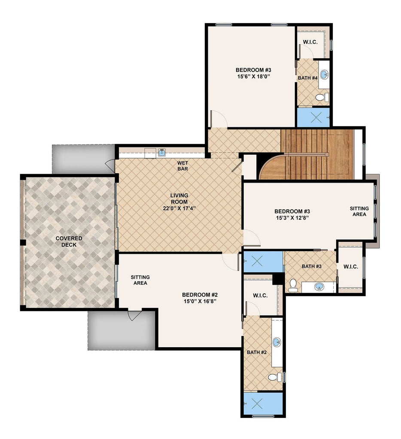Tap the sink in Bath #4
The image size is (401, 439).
[325, 75]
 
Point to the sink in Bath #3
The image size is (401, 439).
[319, 287]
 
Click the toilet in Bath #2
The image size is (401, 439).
[275, 377]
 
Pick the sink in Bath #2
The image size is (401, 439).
[277, 342]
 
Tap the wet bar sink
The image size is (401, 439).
[162, 153]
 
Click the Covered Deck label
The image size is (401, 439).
[69, 241]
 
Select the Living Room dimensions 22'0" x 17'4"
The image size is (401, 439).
[179, 208]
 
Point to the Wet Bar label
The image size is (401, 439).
[182, 166]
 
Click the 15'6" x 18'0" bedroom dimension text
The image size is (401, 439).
[253, 76]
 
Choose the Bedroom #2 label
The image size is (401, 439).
[200, 295]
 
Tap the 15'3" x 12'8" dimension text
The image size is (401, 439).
[292, 218]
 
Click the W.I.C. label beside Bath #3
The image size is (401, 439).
[351, 267]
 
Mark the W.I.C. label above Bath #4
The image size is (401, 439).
[310, 42]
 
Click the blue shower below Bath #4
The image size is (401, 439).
[313, 117]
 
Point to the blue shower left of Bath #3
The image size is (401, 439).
[263, 262]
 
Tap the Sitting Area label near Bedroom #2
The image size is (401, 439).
[140, 280]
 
